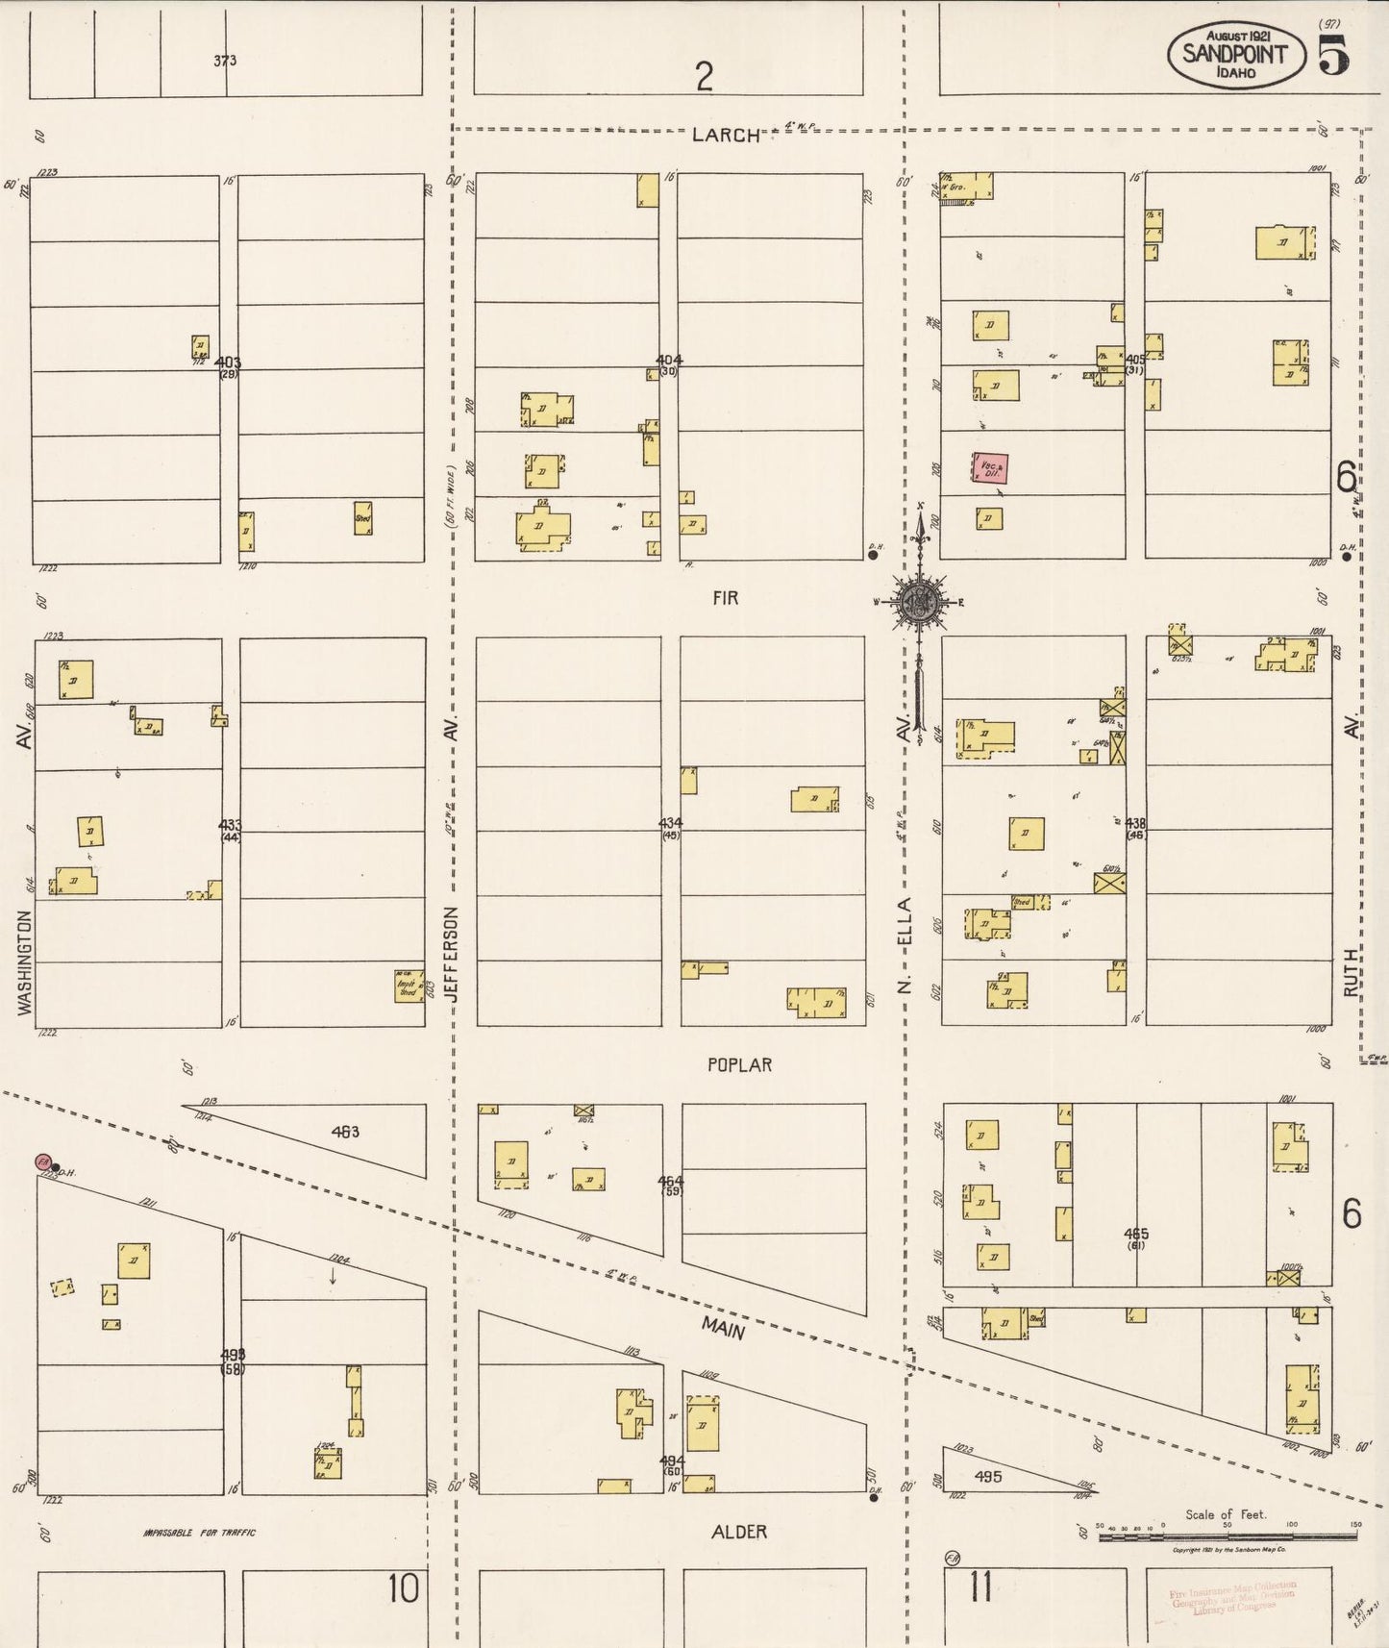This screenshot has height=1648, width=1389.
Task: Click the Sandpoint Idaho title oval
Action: tap(1236, 54)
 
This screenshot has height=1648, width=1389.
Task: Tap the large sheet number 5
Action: tap(1333, 56)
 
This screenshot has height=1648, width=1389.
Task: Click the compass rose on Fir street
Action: tap(919, 603)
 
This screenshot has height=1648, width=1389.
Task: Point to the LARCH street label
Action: tap(727, 135)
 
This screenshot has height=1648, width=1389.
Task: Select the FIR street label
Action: tap(726, 598)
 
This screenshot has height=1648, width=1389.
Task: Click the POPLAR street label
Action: tap(739, 1064)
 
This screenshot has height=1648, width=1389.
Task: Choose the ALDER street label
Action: tap(739, 1532)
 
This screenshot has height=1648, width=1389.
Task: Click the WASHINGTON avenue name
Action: tap(24, 962)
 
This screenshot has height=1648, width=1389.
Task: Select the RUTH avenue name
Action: tap(1351, 971)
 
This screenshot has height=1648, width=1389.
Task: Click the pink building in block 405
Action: tap(991, 468)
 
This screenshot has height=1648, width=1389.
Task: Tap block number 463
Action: tap(345, 1132)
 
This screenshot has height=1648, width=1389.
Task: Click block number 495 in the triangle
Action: tap(987, 1476)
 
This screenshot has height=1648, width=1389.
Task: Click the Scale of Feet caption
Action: tap(1226, 1514)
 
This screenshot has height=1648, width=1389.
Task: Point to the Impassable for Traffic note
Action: tap(199, 1533)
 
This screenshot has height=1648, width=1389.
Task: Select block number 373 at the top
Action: tap(225, 61)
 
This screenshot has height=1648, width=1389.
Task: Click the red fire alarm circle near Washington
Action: tap(43, 1161)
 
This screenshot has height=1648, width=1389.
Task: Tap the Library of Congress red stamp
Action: tap(1232, 1597)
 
